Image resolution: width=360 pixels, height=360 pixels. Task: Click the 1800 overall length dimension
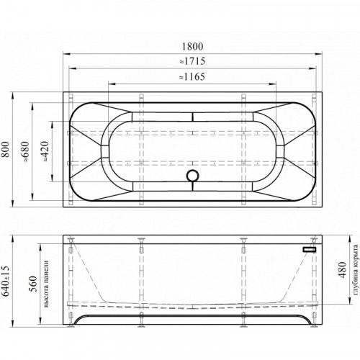[x=192, y=46]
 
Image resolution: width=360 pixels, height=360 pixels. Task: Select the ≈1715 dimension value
[x=192, y=61]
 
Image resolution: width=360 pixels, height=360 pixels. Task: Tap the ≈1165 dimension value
[x=192, y=77]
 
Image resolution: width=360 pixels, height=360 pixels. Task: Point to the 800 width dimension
[x=6, y=149]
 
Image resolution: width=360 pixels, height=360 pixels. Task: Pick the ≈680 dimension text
[x=25, y=152]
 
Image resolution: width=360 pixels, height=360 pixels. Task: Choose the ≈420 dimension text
[x=45, y=151]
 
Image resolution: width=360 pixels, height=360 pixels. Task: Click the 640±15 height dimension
[x=6, y=281]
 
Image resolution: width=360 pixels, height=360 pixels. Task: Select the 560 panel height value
[x=33, y=284]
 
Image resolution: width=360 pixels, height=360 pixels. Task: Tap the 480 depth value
[x=343, y=270]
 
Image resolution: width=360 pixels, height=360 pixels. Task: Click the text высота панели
[x=46, y=284]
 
